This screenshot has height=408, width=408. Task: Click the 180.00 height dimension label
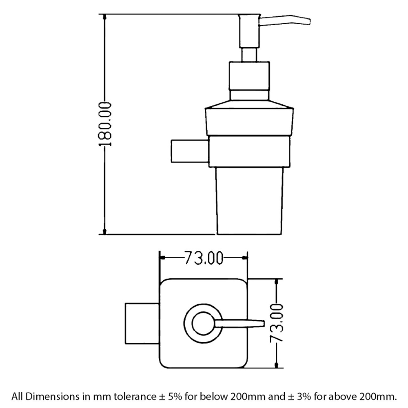(105, 124)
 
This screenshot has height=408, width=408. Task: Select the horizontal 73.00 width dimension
(204, 258)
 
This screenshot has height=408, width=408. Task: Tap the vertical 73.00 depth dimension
(276, 324)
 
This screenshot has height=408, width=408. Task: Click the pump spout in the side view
(285, 21)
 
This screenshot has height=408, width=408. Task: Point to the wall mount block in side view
(190, 151)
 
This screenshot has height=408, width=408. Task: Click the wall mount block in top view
(142, 324)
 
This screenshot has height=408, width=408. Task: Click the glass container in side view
(249, 201)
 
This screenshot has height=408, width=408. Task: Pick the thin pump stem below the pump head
(249, 55)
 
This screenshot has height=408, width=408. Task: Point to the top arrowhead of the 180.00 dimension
(104, 17)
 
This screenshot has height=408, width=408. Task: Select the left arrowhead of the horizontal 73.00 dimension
(162, 258)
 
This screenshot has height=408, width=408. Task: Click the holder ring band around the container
(249, 151)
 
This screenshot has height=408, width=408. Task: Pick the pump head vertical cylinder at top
(249, 31)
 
